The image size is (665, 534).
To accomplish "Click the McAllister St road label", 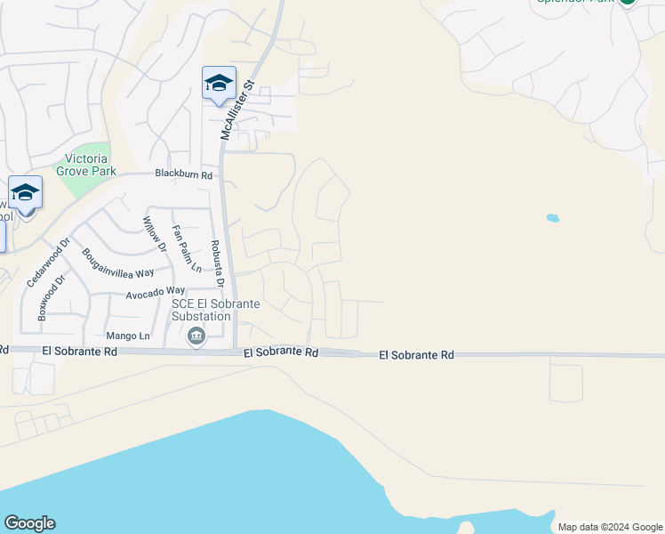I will pos(236,109).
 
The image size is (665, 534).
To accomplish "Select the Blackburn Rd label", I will pos(183,175).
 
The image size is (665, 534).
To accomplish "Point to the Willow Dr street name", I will pos(156,230).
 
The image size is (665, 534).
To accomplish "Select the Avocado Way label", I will pos(155,292).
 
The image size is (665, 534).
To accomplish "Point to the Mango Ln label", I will pos(128,336).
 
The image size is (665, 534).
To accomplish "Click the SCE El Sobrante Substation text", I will pos(216,310).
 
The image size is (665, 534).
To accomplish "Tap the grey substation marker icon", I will pos(196,336).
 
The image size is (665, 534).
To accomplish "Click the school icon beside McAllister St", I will pos(219,85).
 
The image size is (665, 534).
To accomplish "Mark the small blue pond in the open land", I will pos(553,217).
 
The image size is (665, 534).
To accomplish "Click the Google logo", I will pos(29,523).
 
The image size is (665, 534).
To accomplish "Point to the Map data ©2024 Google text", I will pos(609,527).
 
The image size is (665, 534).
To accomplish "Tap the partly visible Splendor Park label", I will pos(578,3).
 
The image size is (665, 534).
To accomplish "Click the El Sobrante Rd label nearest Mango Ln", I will pos(80,352).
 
